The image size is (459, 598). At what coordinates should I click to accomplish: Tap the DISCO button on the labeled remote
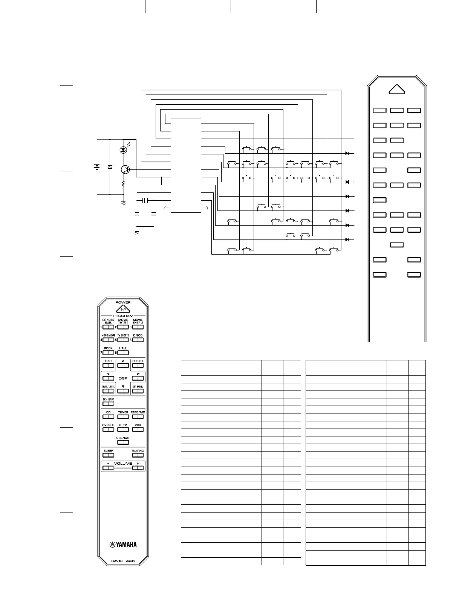[138, 340]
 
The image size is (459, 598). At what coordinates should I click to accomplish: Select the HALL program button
[123, 353]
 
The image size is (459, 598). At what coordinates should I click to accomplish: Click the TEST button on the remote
[108, 365]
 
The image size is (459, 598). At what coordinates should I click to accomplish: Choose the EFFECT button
[138, 365]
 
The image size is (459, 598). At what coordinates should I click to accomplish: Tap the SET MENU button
[138, 391]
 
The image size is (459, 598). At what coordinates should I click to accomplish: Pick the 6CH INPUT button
[108, 404]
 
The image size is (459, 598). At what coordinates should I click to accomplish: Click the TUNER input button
[123, 416]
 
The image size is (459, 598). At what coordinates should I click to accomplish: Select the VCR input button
[138, 429]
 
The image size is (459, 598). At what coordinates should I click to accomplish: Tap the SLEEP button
[108, 455]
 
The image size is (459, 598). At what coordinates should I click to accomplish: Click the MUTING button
[138, 455]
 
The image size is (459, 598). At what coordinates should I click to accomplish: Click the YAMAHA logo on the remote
[123, 545]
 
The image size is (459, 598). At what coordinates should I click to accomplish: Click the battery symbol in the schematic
[97, 166]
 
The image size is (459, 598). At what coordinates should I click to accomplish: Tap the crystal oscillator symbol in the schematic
[145, 200]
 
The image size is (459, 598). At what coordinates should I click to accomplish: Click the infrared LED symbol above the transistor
[123, 150]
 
